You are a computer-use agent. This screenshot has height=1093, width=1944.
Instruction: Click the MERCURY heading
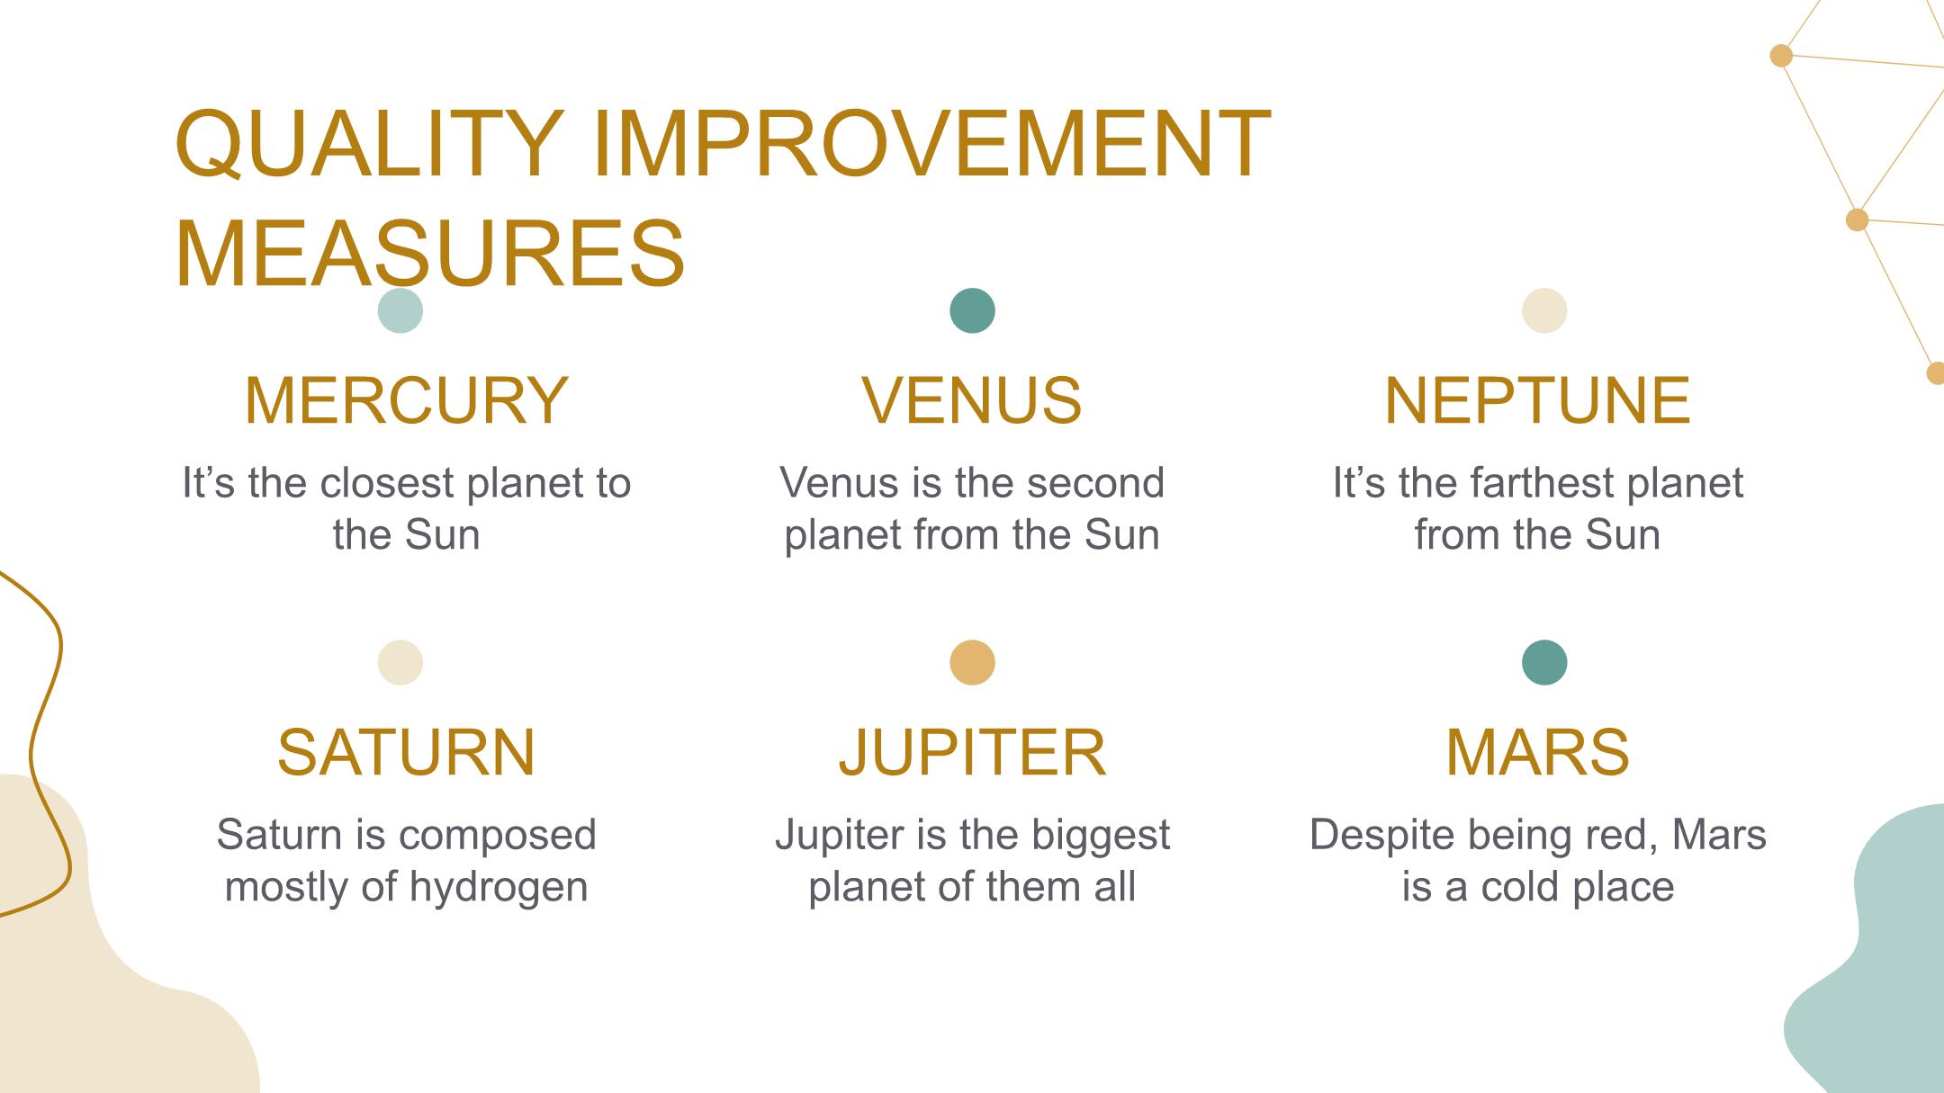click(406, 400)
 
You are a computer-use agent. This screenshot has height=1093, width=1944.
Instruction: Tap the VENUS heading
click(972, 400)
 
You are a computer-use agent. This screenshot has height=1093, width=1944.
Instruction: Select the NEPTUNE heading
click(1537, 400)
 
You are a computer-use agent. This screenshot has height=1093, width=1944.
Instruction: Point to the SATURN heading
click(406, 752)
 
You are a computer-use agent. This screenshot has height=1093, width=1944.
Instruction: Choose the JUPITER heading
click(972, 752)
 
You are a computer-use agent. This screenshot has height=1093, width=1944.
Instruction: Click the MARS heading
click(1537, 752)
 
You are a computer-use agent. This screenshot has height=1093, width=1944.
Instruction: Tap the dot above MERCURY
click(400, 311)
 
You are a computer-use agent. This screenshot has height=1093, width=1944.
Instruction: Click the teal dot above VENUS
click(973, 311)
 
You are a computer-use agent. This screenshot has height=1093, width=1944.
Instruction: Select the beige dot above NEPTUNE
click(1544, 311)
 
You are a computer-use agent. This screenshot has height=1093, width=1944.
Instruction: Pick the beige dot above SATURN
click(400, 663)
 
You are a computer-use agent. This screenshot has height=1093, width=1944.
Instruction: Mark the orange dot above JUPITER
click(973, 663)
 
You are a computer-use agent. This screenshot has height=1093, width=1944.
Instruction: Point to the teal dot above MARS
click(1544, 663)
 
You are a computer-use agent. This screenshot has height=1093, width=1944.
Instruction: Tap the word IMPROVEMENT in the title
click(931, 144)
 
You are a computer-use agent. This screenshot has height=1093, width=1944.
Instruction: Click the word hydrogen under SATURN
click(499, 888)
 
